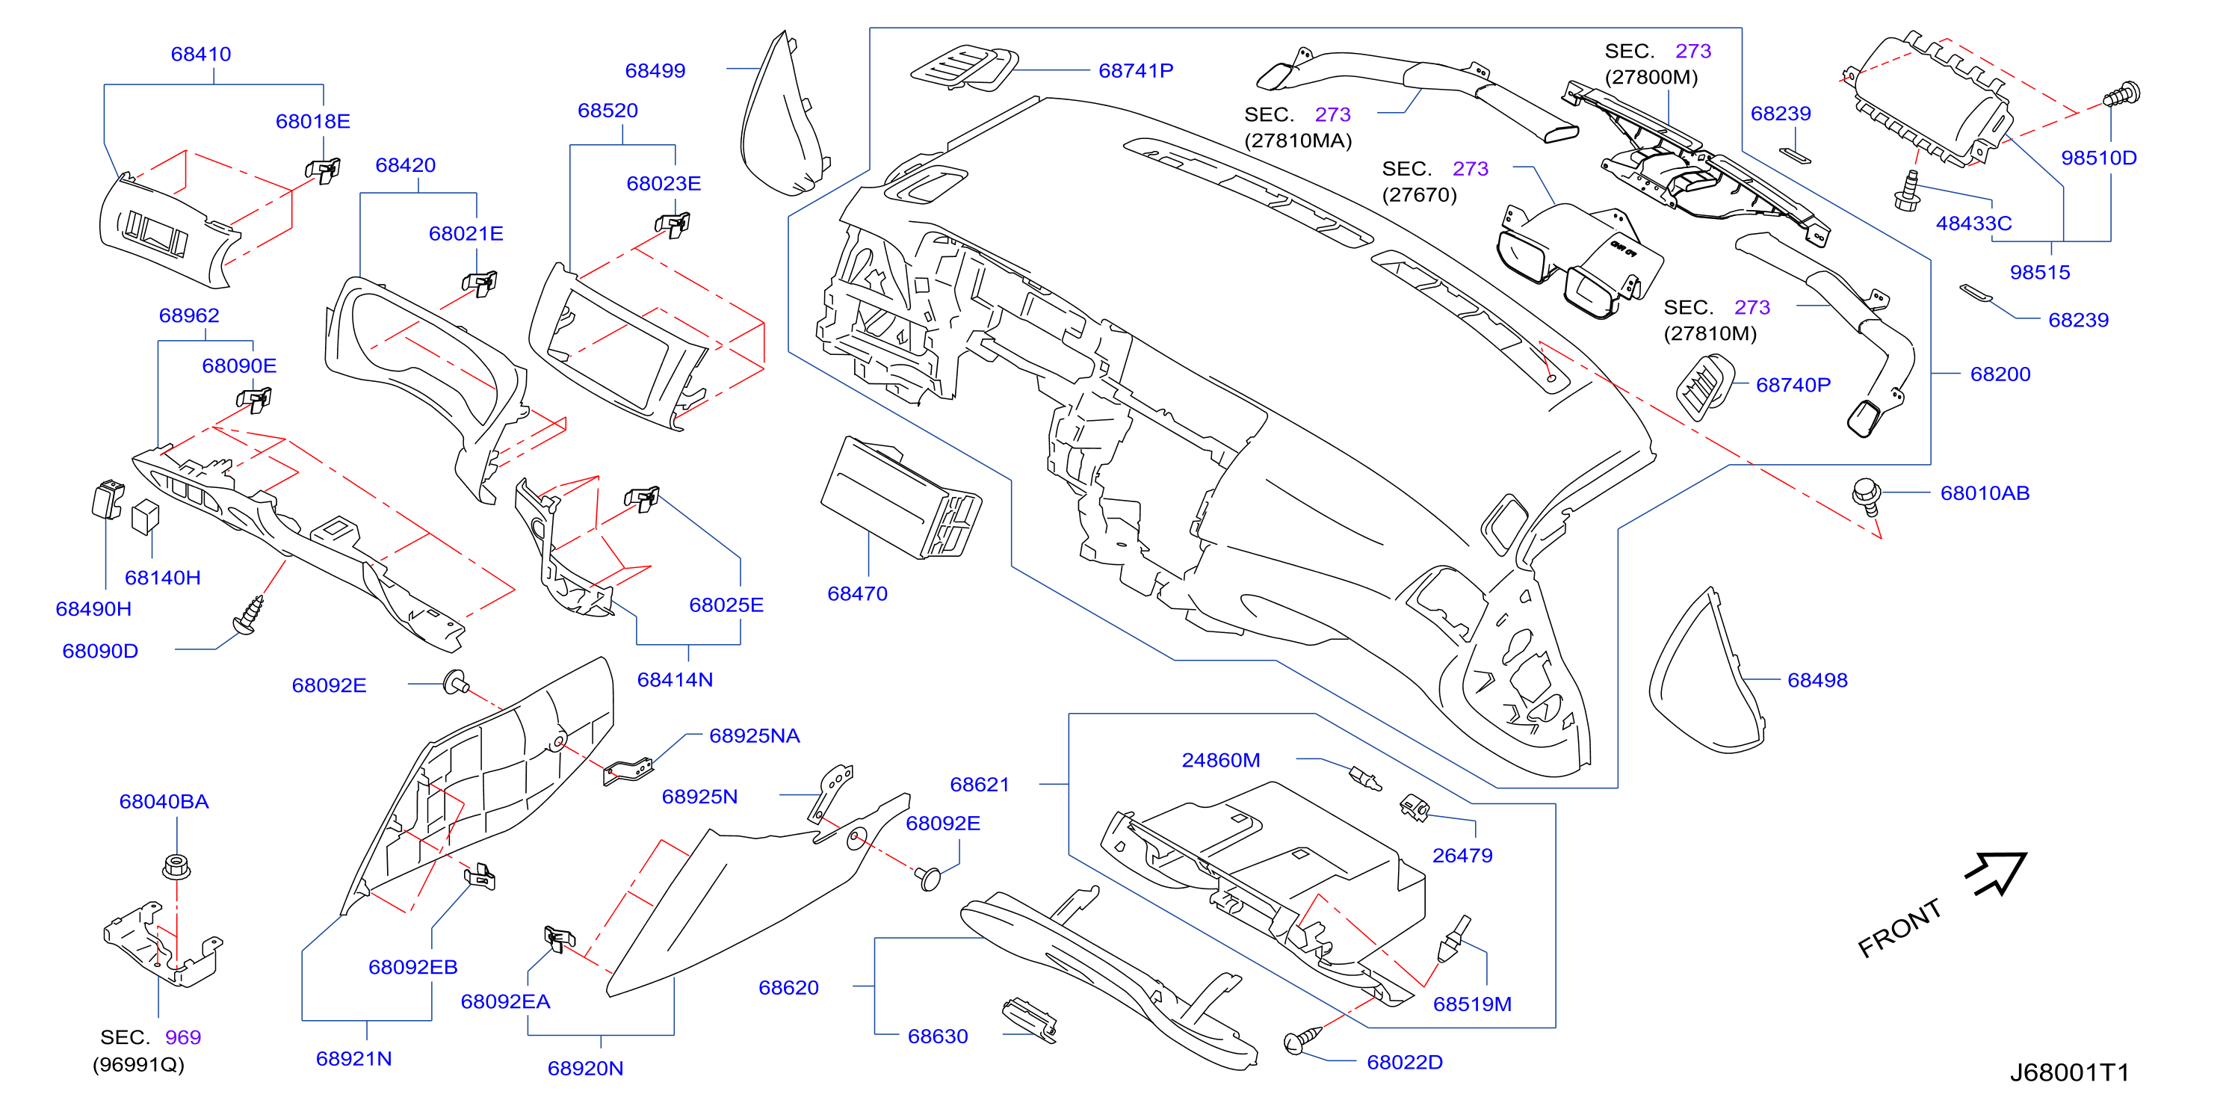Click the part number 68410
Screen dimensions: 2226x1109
(x=200, y=54)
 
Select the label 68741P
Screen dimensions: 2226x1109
(x=1136, y=70)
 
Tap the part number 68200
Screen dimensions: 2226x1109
(x=2000, y=374)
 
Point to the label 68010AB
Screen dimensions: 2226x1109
(x=1984, y=492)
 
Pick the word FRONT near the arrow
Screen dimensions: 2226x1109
(x=1899, y=927)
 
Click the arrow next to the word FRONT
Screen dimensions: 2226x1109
(x=1995, y=874)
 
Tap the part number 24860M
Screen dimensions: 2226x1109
(x=1220, y=760)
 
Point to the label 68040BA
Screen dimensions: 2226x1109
(x=164, y=801)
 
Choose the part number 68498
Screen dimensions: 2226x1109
(x=1817, y=679)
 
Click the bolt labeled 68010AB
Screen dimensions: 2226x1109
(x=1866, y=496)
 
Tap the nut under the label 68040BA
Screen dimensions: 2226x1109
(x=176, y=865)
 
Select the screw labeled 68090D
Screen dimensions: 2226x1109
(x=248, y=614)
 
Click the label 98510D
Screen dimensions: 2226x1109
(x=2098, y=158)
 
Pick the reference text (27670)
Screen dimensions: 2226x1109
(x=1419, y=194)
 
